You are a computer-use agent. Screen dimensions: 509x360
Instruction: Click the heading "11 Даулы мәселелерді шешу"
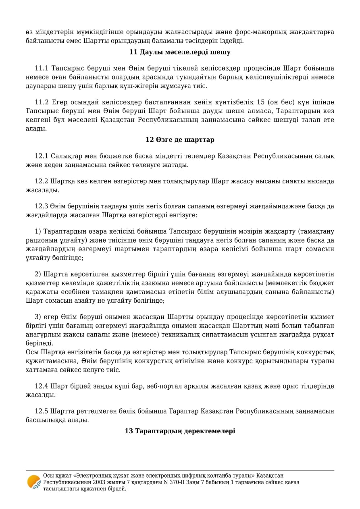[180, 52]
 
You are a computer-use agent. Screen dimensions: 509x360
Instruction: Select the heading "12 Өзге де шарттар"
[180, 140]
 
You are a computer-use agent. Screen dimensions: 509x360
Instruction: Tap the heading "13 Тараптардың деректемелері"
[180, 431]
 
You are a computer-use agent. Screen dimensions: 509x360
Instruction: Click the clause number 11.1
[42, 69]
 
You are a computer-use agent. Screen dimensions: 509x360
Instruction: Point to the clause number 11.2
[42, 102]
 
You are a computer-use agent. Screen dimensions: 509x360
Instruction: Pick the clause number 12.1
[42, 156]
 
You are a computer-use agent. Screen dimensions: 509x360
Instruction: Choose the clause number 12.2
[42, 181]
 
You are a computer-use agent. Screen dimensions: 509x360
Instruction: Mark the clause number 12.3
[42, 206]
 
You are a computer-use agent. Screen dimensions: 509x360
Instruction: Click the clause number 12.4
[42, 386]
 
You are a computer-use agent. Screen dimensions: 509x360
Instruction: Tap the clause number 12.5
[42, 411]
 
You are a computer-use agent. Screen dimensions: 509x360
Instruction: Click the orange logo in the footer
[34, 482]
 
